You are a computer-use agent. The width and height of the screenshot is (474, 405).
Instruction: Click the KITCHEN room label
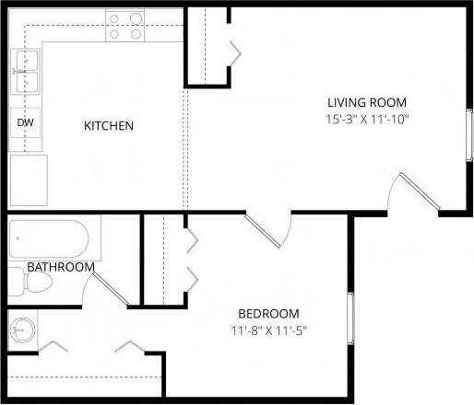click(x=110, y=125)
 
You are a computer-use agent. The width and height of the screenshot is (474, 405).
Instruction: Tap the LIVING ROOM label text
click(x=366, y=101)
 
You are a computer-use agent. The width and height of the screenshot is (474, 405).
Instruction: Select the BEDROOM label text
click(x=268, y=313)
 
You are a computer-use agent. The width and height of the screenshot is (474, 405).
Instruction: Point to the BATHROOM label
click(x=60, y=267)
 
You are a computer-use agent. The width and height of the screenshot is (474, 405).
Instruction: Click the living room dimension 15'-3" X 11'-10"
click(x=366, y=119)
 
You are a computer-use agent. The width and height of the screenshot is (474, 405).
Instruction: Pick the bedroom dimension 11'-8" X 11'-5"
click(x=268, y=330)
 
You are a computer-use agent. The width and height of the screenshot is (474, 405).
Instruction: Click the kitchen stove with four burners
click(x=125, y=26)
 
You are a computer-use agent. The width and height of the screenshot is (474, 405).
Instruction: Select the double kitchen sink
click(x=25, y=72)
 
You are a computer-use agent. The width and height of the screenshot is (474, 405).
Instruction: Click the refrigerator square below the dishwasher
click(x=28, y=179)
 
